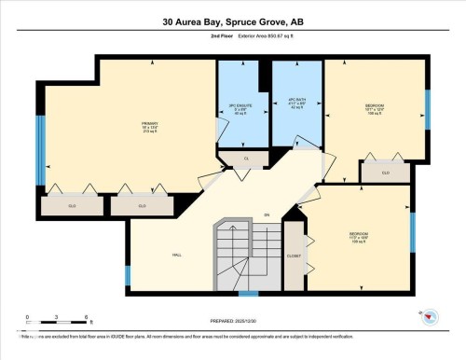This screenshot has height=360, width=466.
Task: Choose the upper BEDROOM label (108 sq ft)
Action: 374,110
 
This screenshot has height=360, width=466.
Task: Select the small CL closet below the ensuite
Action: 247,159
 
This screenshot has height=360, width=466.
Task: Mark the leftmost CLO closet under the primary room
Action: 73,205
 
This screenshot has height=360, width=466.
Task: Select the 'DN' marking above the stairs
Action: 267,215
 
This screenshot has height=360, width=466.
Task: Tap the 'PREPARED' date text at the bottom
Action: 233,320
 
